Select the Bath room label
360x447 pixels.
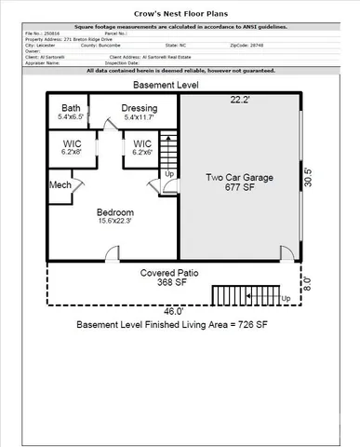pyautogui.click(x=72, y=108)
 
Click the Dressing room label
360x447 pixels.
pyautogui.click(x=139, y=108)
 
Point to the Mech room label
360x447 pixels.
pyautogui.click(x=60, y=184)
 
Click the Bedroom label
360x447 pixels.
pyautogui.click(x=116, y=212)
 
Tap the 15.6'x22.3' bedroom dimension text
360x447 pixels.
pyautogui.click(x=116, y=222)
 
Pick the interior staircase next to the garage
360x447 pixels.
pyautogui.click(x=168, y=150)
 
